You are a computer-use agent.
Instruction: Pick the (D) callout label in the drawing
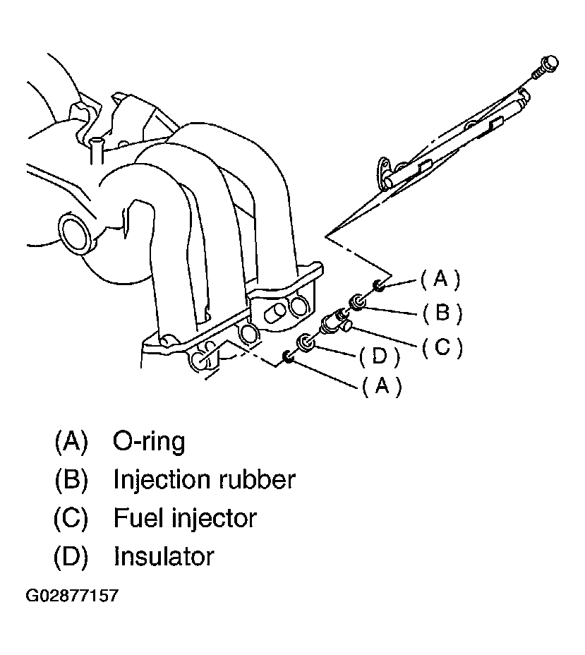[379, 357]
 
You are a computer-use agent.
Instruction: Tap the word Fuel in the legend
[138, 518]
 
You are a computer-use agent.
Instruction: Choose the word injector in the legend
[212, 519]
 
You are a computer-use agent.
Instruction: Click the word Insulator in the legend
[164, 556]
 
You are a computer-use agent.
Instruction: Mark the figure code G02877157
[72, 596]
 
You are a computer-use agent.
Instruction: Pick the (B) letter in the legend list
[71, 480]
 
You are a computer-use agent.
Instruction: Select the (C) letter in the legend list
[71, 518]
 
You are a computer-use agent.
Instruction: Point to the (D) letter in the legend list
[71, 556]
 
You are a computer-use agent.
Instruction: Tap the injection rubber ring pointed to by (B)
[358, 302]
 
